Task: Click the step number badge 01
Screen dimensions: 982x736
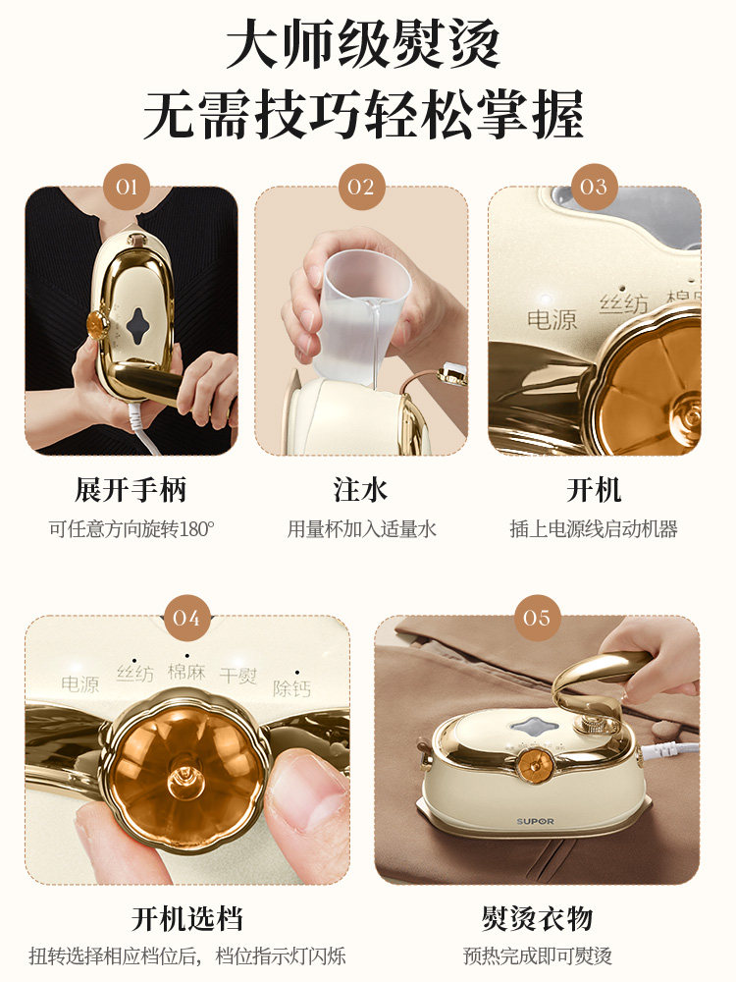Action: coord(127,187)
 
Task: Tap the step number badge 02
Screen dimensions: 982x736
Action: coord(361,187)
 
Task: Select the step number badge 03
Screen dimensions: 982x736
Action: coord(594,187)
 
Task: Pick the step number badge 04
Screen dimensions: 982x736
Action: coord(186,618)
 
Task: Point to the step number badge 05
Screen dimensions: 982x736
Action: coord(537,618)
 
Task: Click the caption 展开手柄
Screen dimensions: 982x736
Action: coord(131,490)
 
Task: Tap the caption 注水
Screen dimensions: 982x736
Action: coord(361,490)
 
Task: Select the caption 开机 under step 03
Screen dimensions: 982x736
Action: coord(594,490)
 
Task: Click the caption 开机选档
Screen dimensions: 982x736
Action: coord(186,919)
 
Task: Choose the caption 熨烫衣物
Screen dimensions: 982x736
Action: coord(537,919)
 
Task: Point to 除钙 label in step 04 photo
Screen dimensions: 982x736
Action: coord(290,687)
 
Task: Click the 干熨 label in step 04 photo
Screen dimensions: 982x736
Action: coord(237,676)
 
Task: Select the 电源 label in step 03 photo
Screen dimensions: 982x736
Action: coord(552,319)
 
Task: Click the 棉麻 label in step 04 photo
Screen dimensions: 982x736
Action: coord(186,672)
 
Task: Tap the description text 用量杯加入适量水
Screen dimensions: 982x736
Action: coord(361,529)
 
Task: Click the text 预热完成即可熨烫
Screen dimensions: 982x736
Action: coord(537,955)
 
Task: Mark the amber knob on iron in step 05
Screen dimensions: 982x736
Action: coord(537,761)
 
